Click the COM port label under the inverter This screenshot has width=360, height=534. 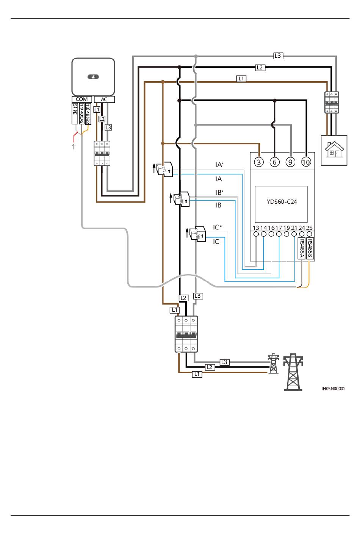coord(82,99)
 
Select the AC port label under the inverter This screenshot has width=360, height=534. coord(104,99)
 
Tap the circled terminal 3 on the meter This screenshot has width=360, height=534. coord(259,162)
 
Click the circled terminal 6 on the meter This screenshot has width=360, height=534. coord(274,162)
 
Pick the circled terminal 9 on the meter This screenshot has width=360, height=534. coord(290,162)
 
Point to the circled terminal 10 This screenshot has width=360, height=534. coord(306,162)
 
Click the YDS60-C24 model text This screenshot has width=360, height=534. coord(282,202)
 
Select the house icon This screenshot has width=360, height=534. coord(334,149)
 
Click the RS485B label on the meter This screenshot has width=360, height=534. coord(310,248)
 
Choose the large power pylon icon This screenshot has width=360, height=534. coord(293,372)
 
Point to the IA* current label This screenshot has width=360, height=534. coord(219,165)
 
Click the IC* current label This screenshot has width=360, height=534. coord(217,227)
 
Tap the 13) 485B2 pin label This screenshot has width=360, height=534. coord(88,114)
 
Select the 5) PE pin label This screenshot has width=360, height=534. coord(75,114)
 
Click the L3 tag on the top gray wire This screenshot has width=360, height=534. coord(278,56)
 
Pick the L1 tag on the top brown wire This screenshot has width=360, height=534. coord(241,79)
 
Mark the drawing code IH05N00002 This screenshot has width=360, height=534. coord(333,389)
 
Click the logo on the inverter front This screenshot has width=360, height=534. coord(93,77)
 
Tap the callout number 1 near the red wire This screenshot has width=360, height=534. coord(74,147)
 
